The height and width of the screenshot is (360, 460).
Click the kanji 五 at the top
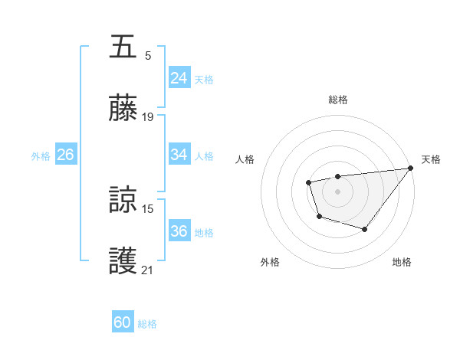(123, 47)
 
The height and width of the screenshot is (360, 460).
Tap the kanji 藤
(123, 109)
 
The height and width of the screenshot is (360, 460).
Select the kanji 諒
(123, 200)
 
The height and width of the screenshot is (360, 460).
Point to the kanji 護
(123, 261)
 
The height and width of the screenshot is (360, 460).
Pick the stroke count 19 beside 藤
(148, 117)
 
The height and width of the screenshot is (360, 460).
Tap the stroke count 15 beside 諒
(148, 208)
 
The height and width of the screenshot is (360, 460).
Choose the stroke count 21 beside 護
(148, 270)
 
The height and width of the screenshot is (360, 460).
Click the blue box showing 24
(179, 78)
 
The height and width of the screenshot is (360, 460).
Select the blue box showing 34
(179, 155)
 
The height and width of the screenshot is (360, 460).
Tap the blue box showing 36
(179, 231)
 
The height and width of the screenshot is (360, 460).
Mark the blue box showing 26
(65, 155)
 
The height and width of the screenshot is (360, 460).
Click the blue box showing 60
(123, 323)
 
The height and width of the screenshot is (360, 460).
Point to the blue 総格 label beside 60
(148, 324)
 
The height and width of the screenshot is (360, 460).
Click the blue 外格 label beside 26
(41, 155)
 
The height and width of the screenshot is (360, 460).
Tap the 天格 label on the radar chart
(431, 159)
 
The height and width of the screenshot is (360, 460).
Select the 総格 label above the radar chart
(338, 100)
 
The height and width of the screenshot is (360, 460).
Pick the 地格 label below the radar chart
(402, 262)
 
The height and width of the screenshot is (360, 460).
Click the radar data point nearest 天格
(410, 168)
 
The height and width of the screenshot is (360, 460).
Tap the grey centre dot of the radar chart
(337, 191)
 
